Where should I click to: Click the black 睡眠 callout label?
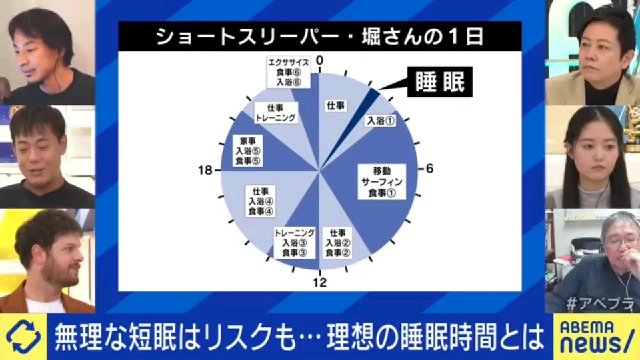click(439, 81)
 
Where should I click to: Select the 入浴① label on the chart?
click(381, 121)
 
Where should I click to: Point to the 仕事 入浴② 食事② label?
click(338, 243)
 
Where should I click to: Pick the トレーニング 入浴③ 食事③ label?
click(294, 243)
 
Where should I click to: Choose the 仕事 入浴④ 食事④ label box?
click(260, 201)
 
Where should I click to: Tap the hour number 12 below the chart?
click(320, 282)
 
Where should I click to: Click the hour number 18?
click(205, 170)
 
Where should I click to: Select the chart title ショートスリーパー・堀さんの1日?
click(319, 36)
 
